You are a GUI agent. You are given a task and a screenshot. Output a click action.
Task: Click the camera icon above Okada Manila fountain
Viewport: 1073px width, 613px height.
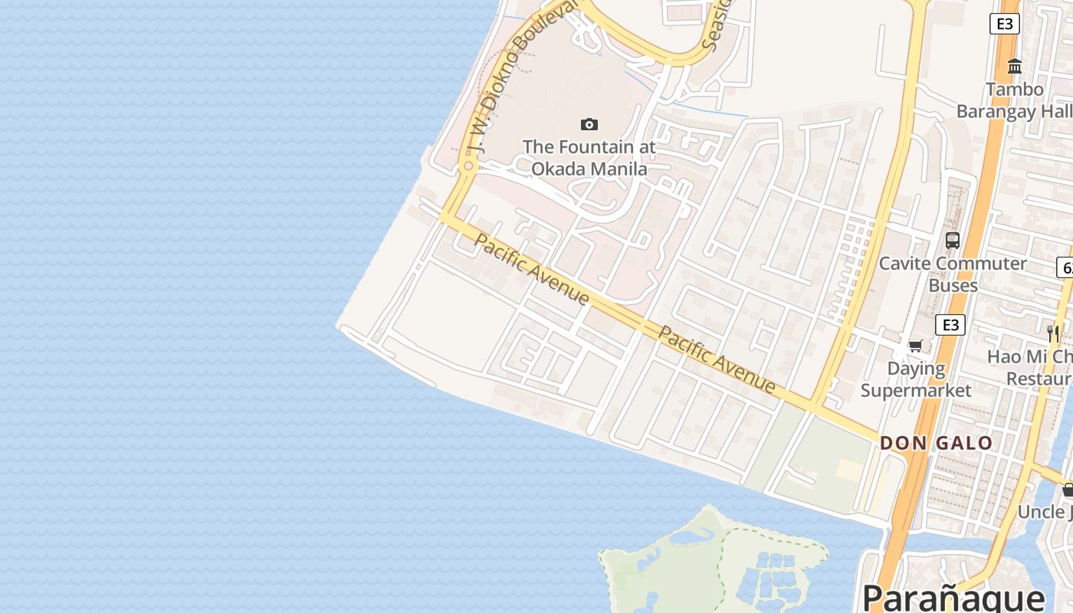coord(589,124)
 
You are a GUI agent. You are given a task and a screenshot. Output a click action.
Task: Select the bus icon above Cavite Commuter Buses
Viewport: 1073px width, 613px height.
coord(953,240)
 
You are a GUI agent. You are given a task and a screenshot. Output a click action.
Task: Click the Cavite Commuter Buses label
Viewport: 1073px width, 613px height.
coord(953,274)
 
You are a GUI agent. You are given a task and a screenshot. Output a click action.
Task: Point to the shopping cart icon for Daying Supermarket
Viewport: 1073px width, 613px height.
coord(915,346)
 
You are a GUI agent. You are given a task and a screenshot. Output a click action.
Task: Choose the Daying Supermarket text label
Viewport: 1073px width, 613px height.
coord(916,379)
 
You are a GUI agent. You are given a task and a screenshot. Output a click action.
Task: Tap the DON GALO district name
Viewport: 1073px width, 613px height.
coord(936,443)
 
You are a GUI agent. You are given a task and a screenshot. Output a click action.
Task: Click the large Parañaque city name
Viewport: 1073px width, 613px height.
coord(953,597)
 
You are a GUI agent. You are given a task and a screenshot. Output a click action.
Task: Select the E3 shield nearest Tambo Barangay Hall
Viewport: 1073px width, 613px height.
coord(1004,24)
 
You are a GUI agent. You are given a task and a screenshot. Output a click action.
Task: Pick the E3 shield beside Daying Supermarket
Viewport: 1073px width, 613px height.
coord(950,325)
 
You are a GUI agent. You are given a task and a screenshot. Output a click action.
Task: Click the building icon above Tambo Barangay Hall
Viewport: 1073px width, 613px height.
coord(1015,67)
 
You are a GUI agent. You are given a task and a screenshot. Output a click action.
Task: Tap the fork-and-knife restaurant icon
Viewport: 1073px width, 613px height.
coord(1053,333)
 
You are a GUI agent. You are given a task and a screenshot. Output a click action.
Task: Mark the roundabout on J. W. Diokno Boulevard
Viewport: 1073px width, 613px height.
coord(468,166)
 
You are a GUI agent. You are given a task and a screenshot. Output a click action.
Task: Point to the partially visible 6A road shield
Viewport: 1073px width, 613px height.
coord(1065,267)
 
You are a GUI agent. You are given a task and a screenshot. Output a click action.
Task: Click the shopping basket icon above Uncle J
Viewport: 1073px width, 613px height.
coord(1068,490)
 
